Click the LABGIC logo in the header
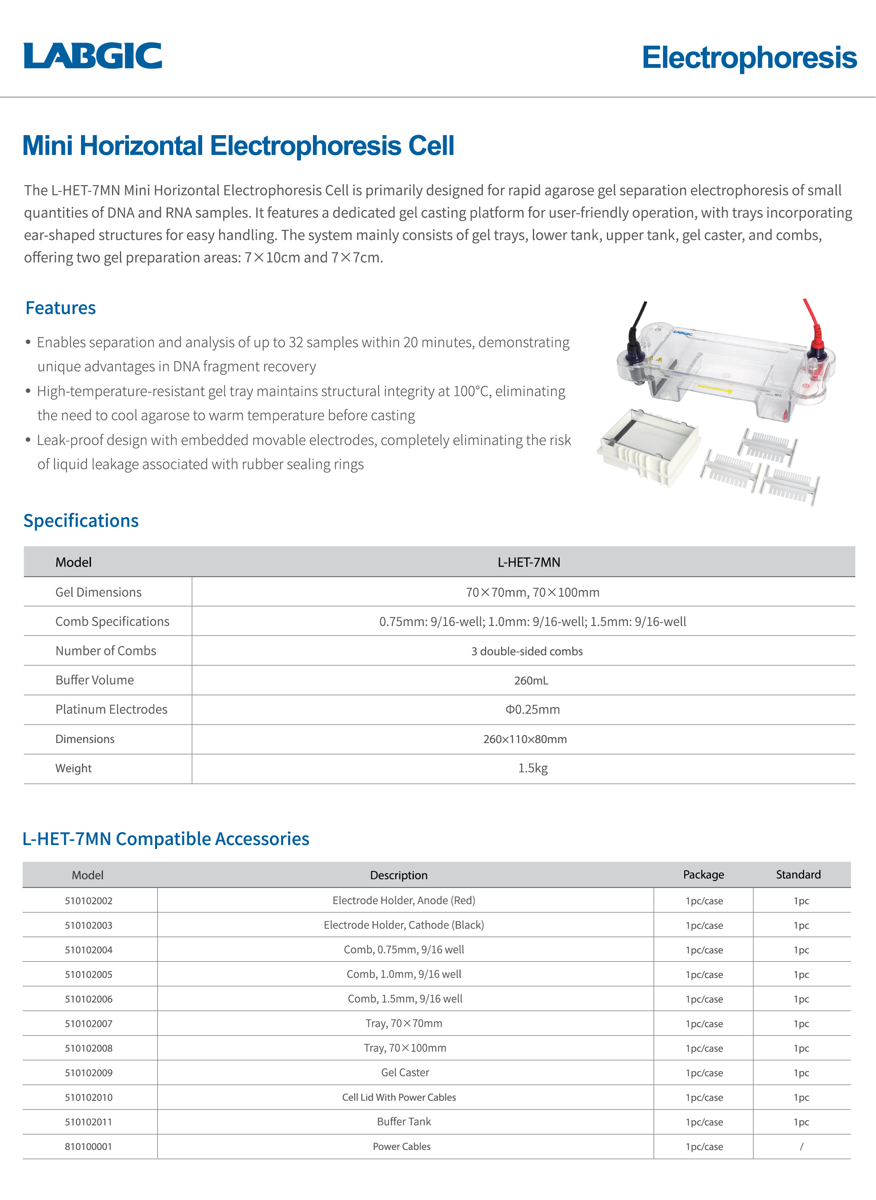coord(93,56)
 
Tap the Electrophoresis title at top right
coord(749,58)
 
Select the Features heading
coord(60,308)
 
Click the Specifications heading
coord(81,521)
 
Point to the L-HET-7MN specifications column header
coord(529,562)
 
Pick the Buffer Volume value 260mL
coord(531,681)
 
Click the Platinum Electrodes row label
coord(111,710)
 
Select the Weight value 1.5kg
coord(532,769)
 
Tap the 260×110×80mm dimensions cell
coord(525,739)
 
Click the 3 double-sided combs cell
coord(527,651)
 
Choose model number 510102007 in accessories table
coord(88,1024)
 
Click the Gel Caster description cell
coord(405,1073)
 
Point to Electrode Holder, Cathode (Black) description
coord(404,926)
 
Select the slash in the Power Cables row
coord(801,1146)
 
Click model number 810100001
coord(88,1146)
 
